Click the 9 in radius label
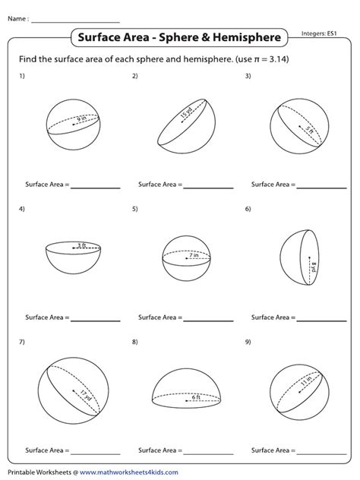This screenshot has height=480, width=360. click(x=82, y=118)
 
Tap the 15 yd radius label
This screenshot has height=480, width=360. click(x=186, y=112)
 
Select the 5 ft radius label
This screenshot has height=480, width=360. click(x=309, y=130)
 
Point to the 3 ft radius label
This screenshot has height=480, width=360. click(x=81, y=245)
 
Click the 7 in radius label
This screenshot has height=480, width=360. click(x=194, y=255)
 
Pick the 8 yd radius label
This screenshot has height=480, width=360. click(x=314, y=267)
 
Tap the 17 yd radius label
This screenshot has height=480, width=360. click(x=86, y=396)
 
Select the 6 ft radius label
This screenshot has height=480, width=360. click(x=196, y=397)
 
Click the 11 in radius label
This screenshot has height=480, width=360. click(x=306, y=381)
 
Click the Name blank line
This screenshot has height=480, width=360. click(x=75, y=22)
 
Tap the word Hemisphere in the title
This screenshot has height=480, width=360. click(x=247, y=37)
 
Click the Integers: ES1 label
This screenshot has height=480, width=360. click(x=319, y=33)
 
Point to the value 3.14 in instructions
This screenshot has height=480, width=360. click(x=279, y=58)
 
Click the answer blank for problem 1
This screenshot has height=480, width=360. click(x=95, y=188)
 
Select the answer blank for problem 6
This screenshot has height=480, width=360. click(x=321, y=321)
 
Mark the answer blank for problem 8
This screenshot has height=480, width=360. click(x=208, y=453)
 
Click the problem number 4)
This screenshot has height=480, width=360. click(x=22, y=209)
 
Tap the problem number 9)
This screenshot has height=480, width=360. click(x=248, y=342)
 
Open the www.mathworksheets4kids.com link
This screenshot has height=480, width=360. click(x=129, y=472)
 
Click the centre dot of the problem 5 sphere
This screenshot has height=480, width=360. click(x=186, y=258)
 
